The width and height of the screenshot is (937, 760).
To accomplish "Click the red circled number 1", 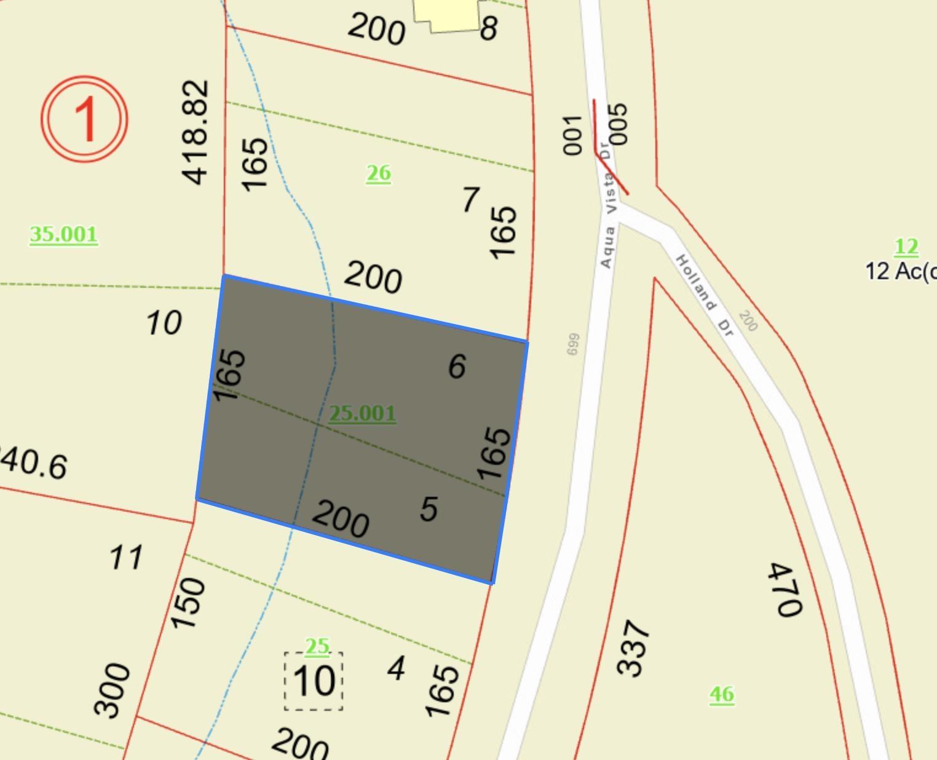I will click(85, 119).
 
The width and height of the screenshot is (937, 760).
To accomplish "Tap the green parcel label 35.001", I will click(63, 234).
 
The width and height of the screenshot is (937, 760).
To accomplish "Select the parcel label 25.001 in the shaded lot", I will click(362, 413).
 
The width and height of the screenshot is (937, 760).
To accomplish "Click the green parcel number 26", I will click(378, 173).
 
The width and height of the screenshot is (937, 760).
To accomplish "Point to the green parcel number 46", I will click(722, 694).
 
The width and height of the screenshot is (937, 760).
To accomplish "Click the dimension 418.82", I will click(196, 132).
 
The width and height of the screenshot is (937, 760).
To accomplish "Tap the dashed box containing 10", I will click(314, 681).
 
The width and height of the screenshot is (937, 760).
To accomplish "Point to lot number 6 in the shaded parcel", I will click(457, 366).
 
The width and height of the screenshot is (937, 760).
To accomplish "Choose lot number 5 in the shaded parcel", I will click(429, 509).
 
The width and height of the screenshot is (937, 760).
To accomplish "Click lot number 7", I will click(470, 199).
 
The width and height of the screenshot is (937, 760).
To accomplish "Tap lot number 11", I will click(126, 558).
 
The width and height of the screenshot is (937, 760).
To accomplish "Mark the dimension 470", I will click(785, 590).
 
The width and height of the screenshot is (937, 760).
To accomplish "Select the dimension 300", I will click(113, 690).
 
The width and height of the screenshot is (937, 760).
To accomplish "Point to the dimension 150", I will click(188, 603).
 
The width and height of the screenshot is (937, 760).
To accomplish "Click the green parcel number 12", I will click(906, 247).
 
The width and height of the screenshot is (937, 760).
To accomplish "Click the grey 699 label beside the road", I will click(572, 344).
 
